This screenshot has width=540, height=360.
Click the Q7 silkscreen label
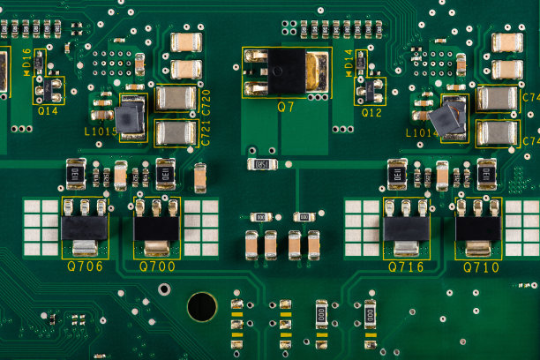(x=286, y=107)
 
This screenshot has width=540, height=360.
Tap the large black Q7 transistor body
(x=287, y=71)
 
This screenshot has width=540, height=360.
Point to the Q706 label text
(x=85, y=266)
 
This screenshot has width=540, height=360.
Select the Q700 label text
(x=157, y=266)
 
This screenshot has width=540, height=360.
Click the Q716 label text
(x=406, y=266)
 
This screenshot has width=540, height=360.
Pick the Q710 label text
(x=481, y=266)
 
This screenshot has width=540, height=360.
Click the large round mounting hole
(x=202, y=306)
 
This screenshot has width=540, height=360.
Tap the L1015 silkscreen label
(x=101, y=131)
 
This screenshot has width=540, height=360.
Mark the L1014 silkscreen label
(x=422, y=132)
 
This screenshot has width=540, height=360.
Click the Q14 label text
(x=48, y=111)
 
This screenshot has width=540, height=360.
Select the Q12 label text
(x=371, y=112)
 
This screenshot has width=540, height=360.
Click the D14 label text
(x=349, y=63)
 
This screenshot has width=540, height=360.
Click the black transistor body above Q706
(x=85, y=229)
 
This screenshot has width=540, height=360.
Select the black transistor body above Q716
(x=406, y=229)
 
